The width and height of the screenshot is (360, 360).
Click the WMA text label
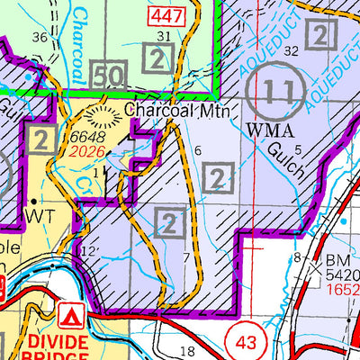269,130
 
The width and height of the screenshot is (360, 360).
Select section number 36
38,37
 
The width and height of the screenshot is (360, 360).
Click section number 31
163,36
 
